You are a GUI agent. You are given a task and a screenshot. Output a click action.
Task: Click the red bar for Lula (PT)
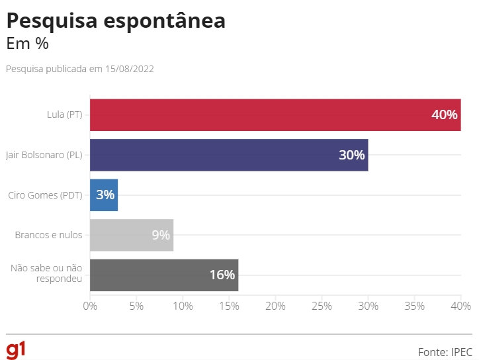265,114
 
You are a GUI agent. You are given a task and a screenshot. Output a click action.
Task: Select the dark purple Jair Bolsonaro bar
218,155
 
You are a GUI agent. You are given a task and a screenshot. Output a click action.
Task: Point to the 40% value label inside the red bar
444,114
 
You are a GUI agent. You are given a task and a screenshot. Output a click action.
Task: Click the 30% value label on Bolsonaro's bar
351,155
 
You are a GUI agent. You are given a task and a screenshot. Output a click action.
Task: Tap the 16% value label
222,275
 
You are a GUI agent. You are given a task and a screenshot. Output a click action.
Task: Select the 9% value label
161,235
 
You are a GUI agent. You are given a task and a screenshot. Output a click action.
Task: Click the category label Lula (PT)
65,114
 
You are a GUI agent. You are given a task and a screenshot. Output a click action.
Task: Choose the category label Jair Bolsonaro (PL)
44,155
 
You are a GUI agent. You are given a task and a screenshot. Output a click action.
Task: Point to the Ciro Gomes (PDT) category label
45,195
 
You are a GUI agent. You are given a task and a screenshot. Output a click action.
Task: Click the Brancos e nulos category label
48,235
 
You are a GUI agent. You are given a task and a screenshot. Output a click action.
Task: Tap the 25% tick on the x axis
322,306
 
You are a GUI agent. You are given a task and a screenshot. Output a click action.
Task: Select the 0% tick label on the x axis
90,306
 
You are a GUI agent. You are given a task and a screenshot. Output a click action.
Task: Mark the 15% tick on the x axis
229,306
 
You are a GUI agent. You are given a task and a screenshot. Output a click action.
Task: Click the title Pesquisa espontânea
116,21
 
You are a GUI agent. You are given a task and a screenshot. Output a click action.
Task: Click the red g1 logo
16,349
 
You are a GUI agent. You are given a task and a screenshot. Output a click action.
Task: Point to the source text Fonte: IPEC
445,351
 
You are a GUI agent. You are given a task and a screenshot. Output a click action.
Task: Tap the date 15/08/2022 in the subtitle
129,69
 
